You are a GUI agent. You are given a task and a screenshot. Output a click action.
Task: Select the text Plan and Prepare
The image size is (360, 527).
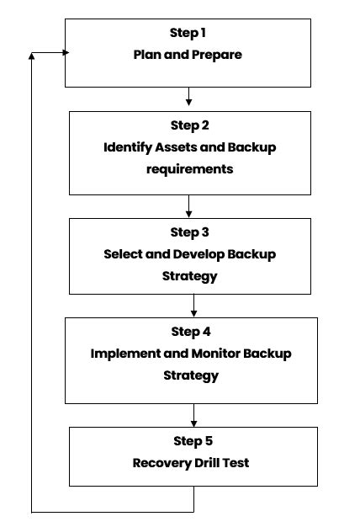click(187, 55)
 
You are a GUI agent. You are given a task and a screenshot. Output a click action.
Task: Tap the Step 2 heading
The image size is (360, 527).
click(189, 125)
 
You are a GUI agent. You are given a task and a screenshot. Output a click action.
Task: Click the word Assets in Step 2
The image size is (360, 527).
click(177, 147)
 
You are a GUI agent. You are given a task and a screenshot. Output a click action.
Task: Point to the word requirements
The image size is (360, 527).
click(189, 168)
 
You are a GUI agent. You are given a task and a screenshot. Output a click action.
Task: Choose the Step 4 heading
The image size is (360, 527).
click(191, 332)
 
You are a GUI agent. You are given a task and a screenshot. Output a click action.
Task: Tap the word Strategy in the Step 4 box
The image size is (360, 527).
click(191, 375)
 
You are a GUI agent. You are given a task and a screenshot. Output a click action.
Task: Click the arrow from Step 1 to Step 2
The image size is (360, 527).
click(189, 98)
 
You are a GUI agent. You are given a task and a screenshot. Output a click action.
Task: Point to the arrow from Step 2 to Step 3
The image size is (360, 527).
click(189, 206)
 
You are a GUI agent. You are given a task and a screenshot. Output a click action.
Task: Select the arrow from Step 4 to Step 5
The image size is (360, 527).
click(193, 414)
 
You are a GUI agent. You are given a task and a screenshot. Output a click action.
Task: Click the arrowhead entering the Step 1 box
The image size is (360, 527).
click(62, 52)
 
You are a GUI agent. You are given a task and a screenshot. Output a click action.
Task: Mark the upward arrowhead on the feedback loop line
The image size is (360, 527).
click(32, 56)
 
